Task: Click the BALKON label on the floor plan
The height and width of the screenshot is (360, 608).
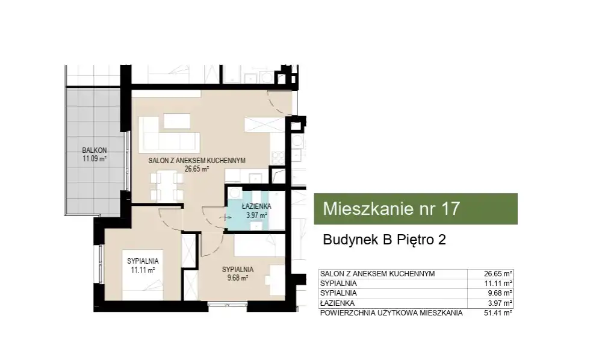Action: [x=95, y=150]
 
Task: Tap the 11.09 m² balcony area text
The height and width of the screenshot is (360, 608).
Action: [x=95, y=158]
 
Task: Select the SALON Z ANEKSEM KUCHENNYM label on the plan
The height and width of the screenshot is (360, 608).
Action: [x=197, y=161]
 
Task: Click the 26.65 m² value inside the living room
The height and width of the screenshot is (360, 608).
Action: [x=197, y=169]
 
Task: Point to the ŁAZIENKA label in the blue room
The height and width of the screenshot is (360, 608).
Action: [x=256, y=206]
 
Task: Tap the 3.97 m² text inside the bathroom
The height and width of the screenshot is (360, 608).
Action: [x=256, y=215]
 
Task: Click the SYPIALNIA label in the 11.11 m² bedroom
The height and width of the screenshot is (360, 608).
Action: [x=143, y=261]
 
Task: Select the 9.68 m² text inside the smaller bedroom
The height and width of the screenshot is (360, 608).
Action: [x=238, y=278]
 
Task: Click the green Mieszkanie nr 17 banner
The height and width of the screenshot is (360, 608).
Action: [x=416, y=209]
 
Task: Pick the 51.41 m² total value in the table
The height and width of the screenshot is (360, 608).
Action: [x=498, y=313]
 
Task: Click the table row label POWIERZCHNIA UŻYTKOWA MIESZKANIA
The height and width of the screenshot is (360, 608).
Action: [x=391, y=313]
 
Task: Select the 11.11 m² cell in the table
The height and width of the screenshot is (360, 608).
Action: [x=498, y=284]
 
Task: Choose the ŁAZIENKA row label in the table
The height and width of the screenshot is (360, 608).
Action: [x=337, y=303]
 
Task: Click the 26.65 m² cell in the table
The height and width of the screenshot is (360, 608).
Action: [x=498, y=274]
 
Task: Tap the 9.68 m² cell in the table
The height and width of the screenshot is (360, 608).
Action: [x=500, y=293]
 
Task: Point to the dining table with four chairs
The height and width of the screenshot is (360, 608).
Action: [x=167, y=185]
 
